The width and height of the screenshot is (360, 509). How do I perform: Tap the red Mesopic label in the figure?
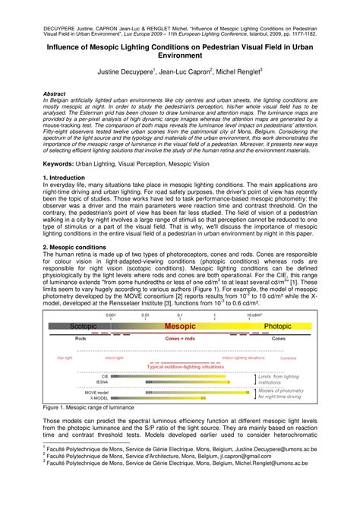tap(180, 302)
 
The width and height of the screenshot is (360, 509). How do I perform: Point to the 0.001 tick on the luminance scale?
tap(112, 292)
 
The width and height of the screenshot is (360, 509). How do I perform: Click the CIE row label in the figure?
tap(104, 375)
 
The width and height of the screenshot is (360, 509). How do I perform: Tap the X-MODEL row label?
tap(98, 397)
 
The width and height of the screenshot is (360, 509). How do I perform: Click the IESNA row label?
tap(102, 381)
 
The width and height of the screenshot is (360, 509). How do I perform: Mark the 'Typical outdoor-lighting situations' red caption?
tap(180, 365)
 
